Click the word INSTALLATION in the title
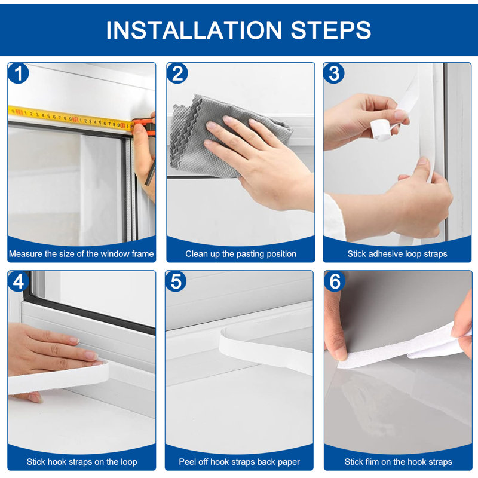pyautogui.click(x=194, y=30)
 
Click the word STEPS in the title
pyautogui.click(x=331, y=30)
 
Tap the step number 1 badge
pyautogui.click(x=19, y=73)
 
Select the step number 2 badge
pyautogui.click(x=177, y=73)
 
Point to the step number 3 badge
pyautogui.click(x=334, y=73)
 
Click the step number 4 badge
pyautogui.click(x=19, y=281)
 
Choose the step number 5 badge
pyautogui.click(x=176, y=281)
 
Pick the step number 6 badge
pyautogui.click(x=335, y=281)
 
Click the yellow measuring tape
pyautogui.click(x=71, y=118)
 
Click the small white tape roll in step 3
pyautogui.click(x=381, y=130)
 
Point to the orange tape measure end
pyautogui.click(x=144, y=125)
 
